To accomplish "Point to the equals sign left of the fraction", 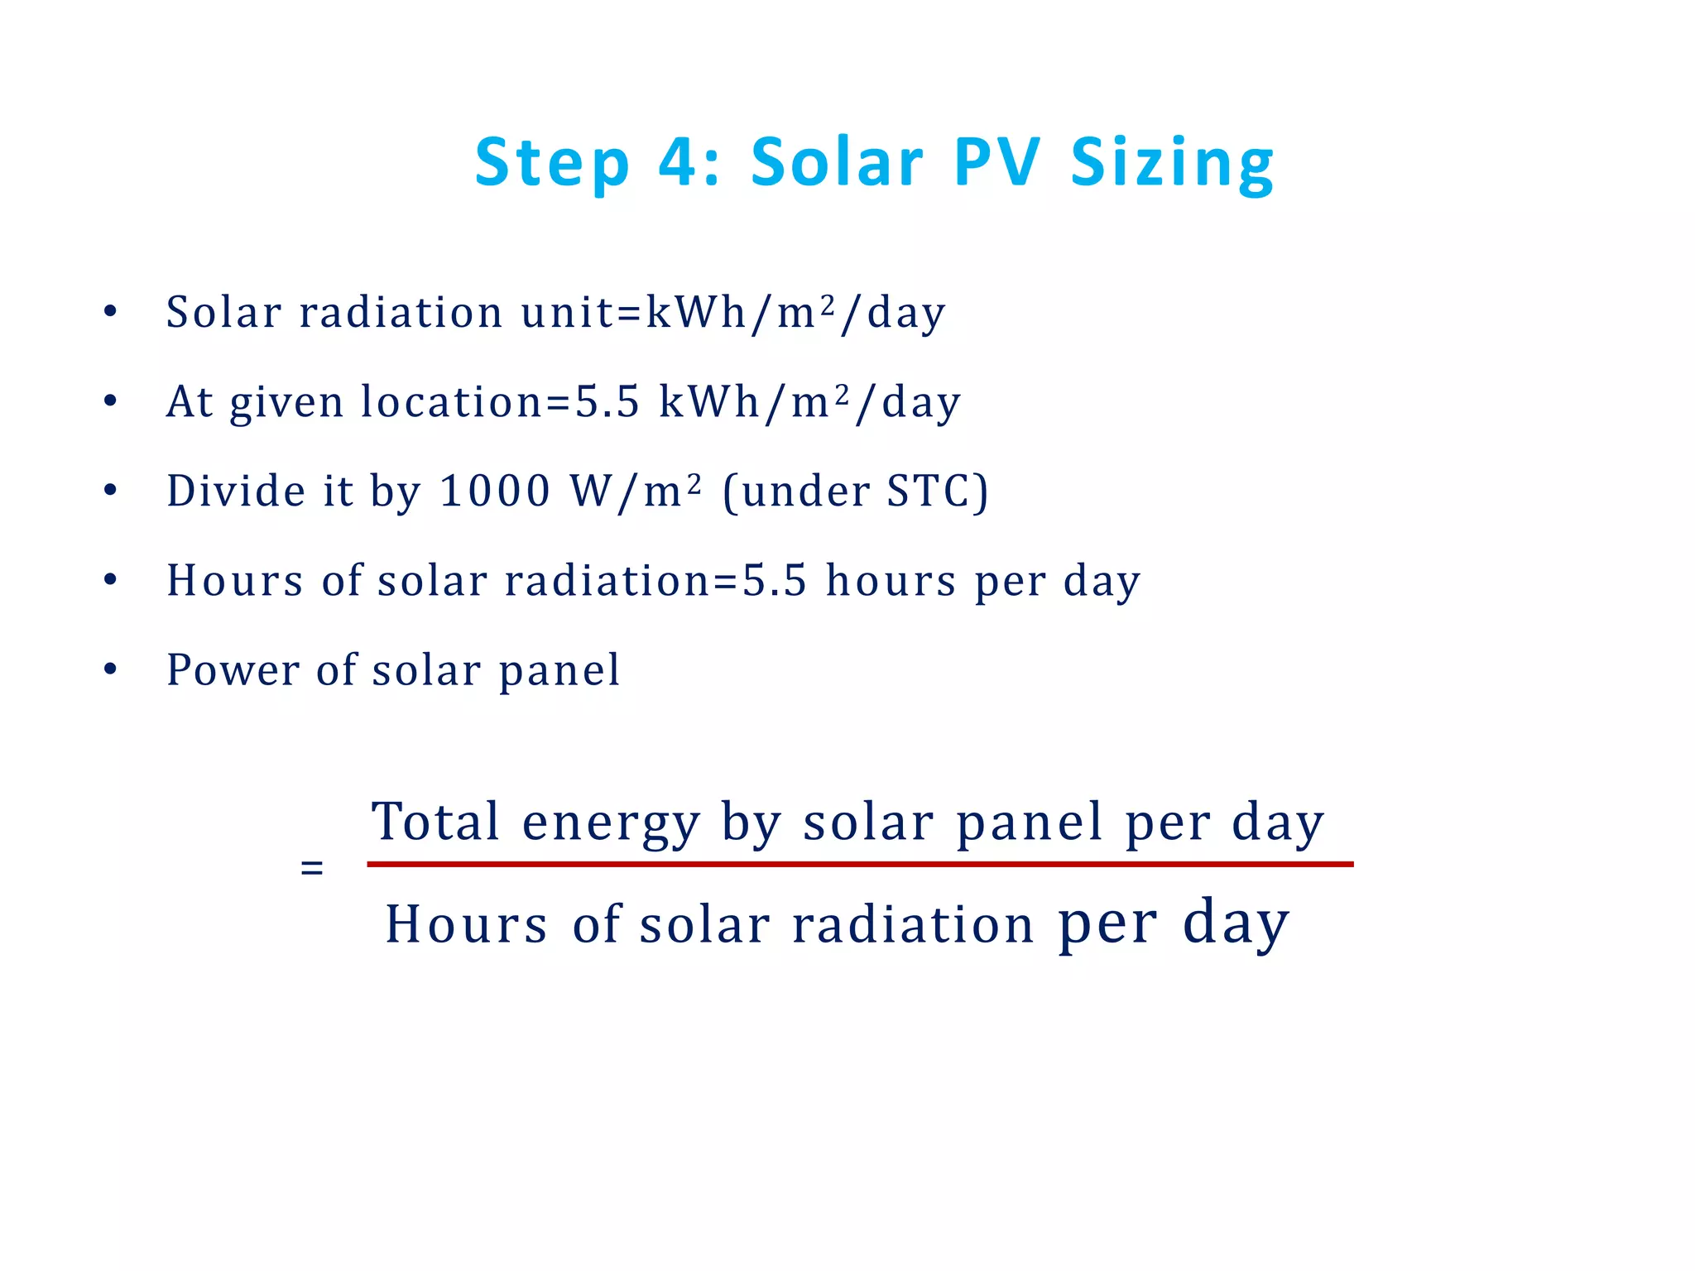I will tap(312, 869).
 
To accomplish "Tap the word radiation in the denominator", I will tap(913, 924).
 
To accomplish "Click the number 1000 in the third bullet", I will tap(494, 491).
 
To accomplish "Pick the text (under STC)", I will tap(855, 491).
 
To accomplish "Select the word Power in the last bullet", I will tap(233, 669).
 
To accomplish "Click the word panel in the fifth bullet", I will tap(559, 669).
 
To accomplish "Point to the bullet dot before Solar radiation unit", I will tap(110, 313).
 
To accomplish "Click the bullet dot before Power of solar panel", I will tap(110, 669).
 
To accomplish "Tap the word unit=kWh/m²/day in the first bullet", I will tap(732, 313).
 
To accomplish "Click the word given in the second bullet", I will tap(286, 402).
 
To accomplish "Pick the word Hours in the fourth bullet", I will tap(235, 580).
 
